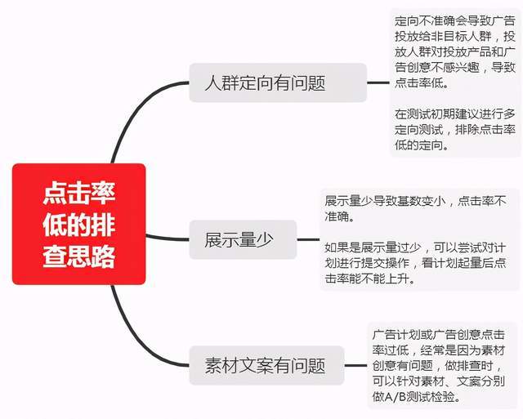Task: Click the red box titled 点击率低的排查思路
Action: pos(79,224)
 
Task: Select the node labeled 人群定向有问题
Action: pos(278,82)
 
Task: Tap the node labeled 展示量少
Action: pos(243,239)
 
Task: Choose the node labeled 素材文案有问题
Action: pos(266,365)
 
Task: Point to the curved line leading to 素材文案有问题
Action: pos(133,340)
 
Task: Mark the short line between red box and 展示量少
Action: pos(168,238)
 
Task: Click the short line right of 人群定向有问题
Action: pos(378,82)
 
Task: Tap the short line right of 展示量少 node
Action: pos(308,239)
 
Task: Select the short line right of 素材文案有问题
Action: pos(355,365)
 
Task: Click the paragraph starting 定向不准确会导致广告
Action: pos(455,51)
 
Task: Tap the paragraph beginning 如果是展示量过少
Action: pos(415,263)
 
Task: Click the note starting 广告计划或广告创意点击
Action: pos(439,365)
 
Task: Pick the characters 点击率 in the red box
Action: pos(79,193)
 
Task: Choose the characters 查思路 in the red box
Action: pos(79,256)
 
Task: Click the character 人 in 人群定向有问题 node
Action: pos(212,82)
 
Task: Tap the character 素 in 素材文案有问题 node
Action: pos(212,365)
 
